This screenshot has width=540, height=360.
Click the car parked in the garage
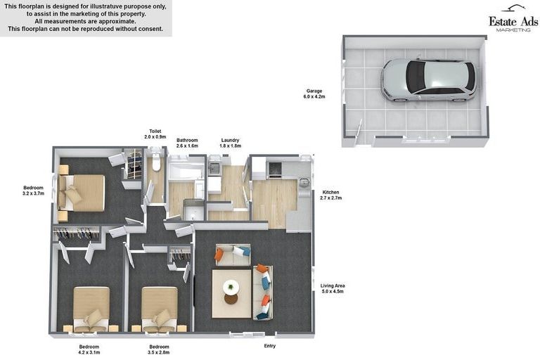click(x=428, y=79)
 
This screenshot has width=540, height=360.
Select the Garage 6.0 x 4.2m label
click(x=314, y=94)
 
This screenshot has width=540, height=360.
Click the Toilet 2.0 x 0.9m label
click(x=155, y=134)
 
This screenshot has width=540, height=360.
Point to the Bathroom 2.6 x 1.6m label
click(x=187, y=143)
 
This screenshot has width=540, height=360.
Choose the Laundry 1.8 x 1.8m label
click(x=230, y=143)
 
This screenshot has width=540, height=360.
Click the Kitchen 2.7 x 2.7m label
click(x=331, y=195)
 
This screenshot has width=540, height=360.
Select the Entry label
click(x=269, y=346)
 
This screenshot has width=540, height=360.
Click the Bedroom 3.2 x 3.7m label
click(x=33, y=191)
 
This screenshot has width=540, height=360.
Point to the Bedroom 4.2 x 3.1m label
click(x=89, y=349)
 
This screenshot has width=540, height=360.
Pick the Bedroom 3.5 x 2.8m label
click(x=159, y=349)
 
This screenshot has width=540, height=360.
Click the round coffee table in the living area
click(x=231, y=287)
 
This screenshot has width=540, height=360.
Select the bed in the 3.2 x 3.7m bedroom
click(x=82, y=192)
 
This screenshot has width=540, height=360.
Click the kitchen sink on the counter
click(x=304, y=183)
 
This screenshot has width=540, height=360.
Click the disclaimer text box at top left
click(x=85, y=18)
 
